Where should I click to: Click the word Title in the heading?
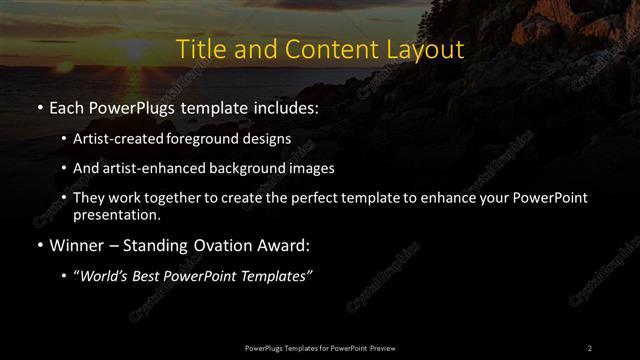point(200,49)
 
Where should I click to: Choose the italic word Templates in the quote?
point(277,275)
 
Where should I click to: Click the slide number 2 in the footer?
point(590,347)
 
